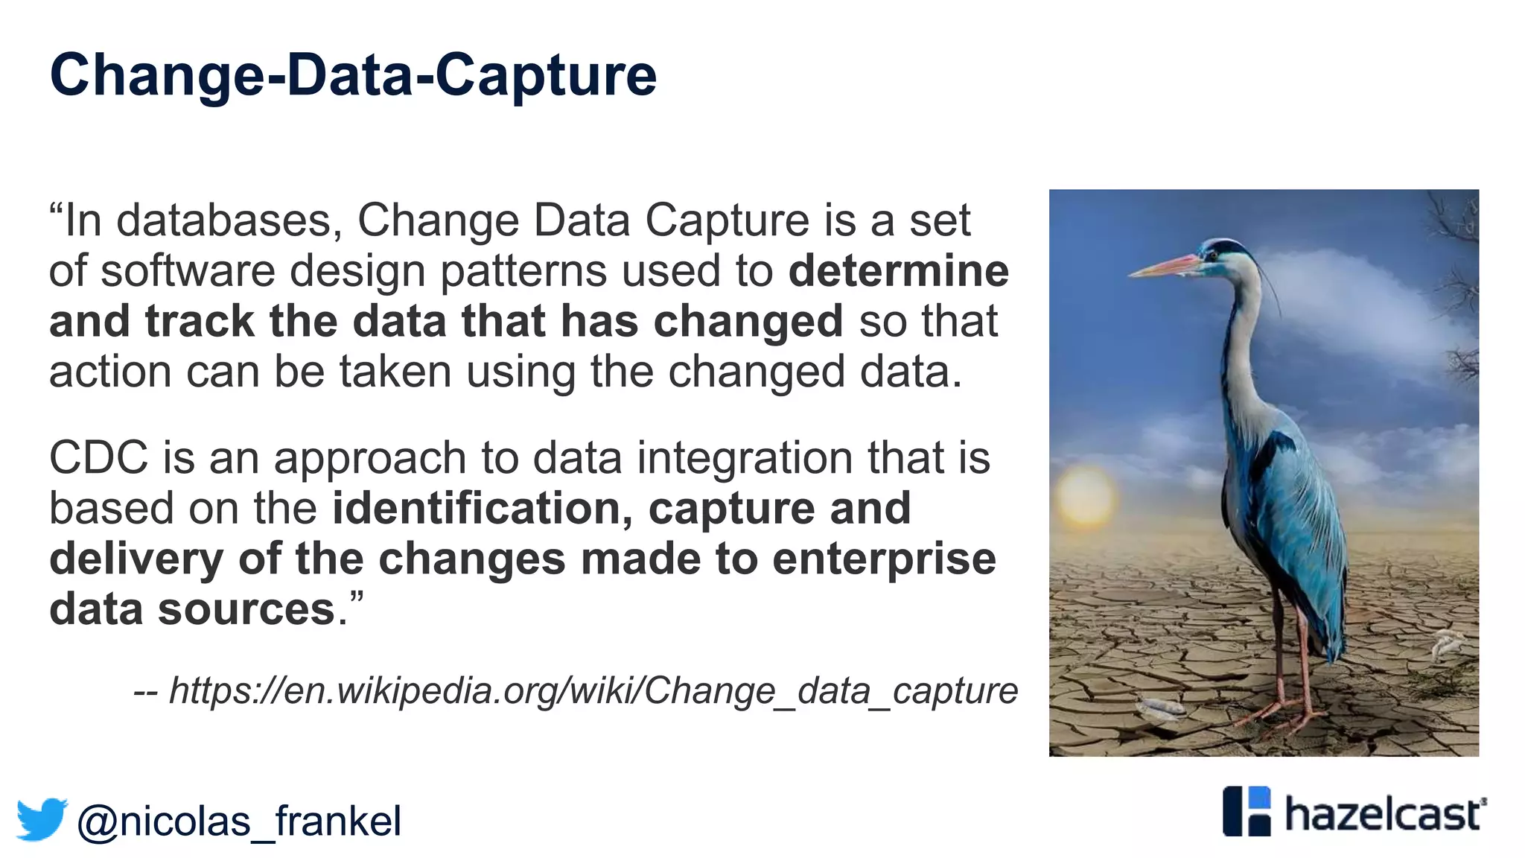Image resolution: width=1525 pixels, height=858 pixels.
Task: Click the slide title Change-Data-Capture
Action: pos(353,76)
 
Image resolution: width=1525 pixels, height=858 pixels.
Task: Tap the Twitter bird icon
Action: pos(42,819)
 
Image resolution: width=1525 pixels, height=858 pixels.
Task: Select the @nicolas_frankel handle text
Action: pos(238,821)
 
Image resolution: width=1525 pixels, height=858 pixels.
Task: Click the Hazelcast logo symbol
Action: pos(1247,811)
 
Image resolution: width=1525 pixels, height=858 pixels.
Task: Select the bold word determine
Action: pos(898,270)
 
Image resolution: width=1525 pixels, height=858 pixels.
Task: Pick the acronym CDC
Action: pos(98,457)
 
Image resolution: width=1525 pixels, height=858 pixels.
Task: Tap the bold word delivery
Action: pos(136,560)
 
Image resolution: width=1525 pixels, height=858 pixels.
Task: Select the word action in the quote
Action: pos(110,372)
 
